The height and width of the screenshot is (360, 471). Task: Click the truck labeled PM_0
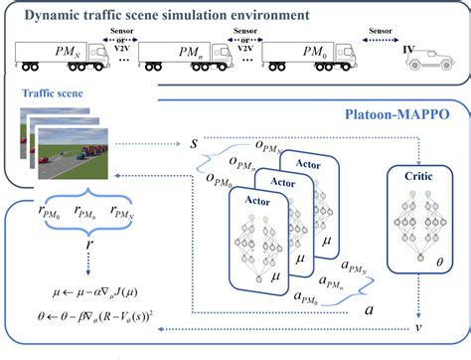click(x=309, y=54)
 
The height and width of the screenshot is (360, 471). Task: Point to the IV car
click(x=428, y=60)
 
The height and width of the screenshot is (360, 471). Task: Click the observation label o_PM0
click(x=215, y=182)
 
